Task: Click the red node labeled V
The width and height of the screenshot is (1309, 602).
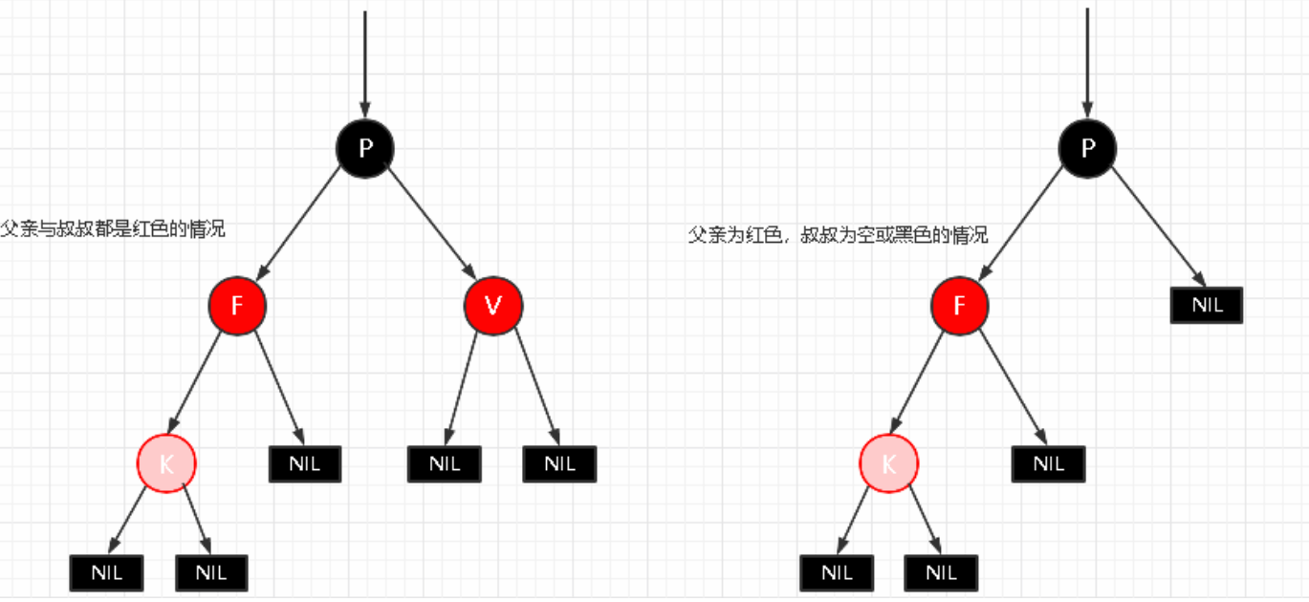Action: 493,306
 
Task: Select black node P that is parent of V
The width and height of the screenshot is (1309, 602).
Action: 364,147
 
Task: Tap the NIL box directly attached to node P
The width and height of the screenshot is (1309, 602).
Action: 1207,306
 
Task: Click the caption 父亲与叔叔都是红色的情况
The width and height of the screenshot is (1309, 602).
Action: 113,229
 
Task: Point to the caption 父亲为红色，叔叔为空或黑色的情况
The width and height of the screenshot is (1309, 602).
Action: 838,235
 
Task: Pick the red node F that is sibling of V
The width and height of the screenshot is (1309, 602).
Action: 237,306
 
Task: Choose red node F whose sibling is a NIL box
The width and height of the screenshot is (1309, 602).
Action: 960,306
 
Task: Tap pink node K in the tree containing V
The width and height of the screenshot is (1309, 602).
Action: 166,464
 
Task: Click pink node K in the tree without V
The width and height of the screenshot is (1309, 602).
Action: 888,464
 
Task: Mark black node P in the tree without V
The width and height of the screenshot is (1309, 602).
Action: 1087,147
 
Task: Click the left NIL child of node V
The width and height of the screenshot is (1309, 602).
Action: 445,464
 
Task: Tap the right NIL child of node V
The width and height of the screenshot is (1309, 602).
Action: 559,464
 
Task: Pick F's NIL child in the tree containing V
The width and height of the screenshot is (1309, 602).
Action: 305,464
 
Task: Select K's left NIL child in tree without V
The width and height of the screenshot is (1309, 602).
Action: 837,573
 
